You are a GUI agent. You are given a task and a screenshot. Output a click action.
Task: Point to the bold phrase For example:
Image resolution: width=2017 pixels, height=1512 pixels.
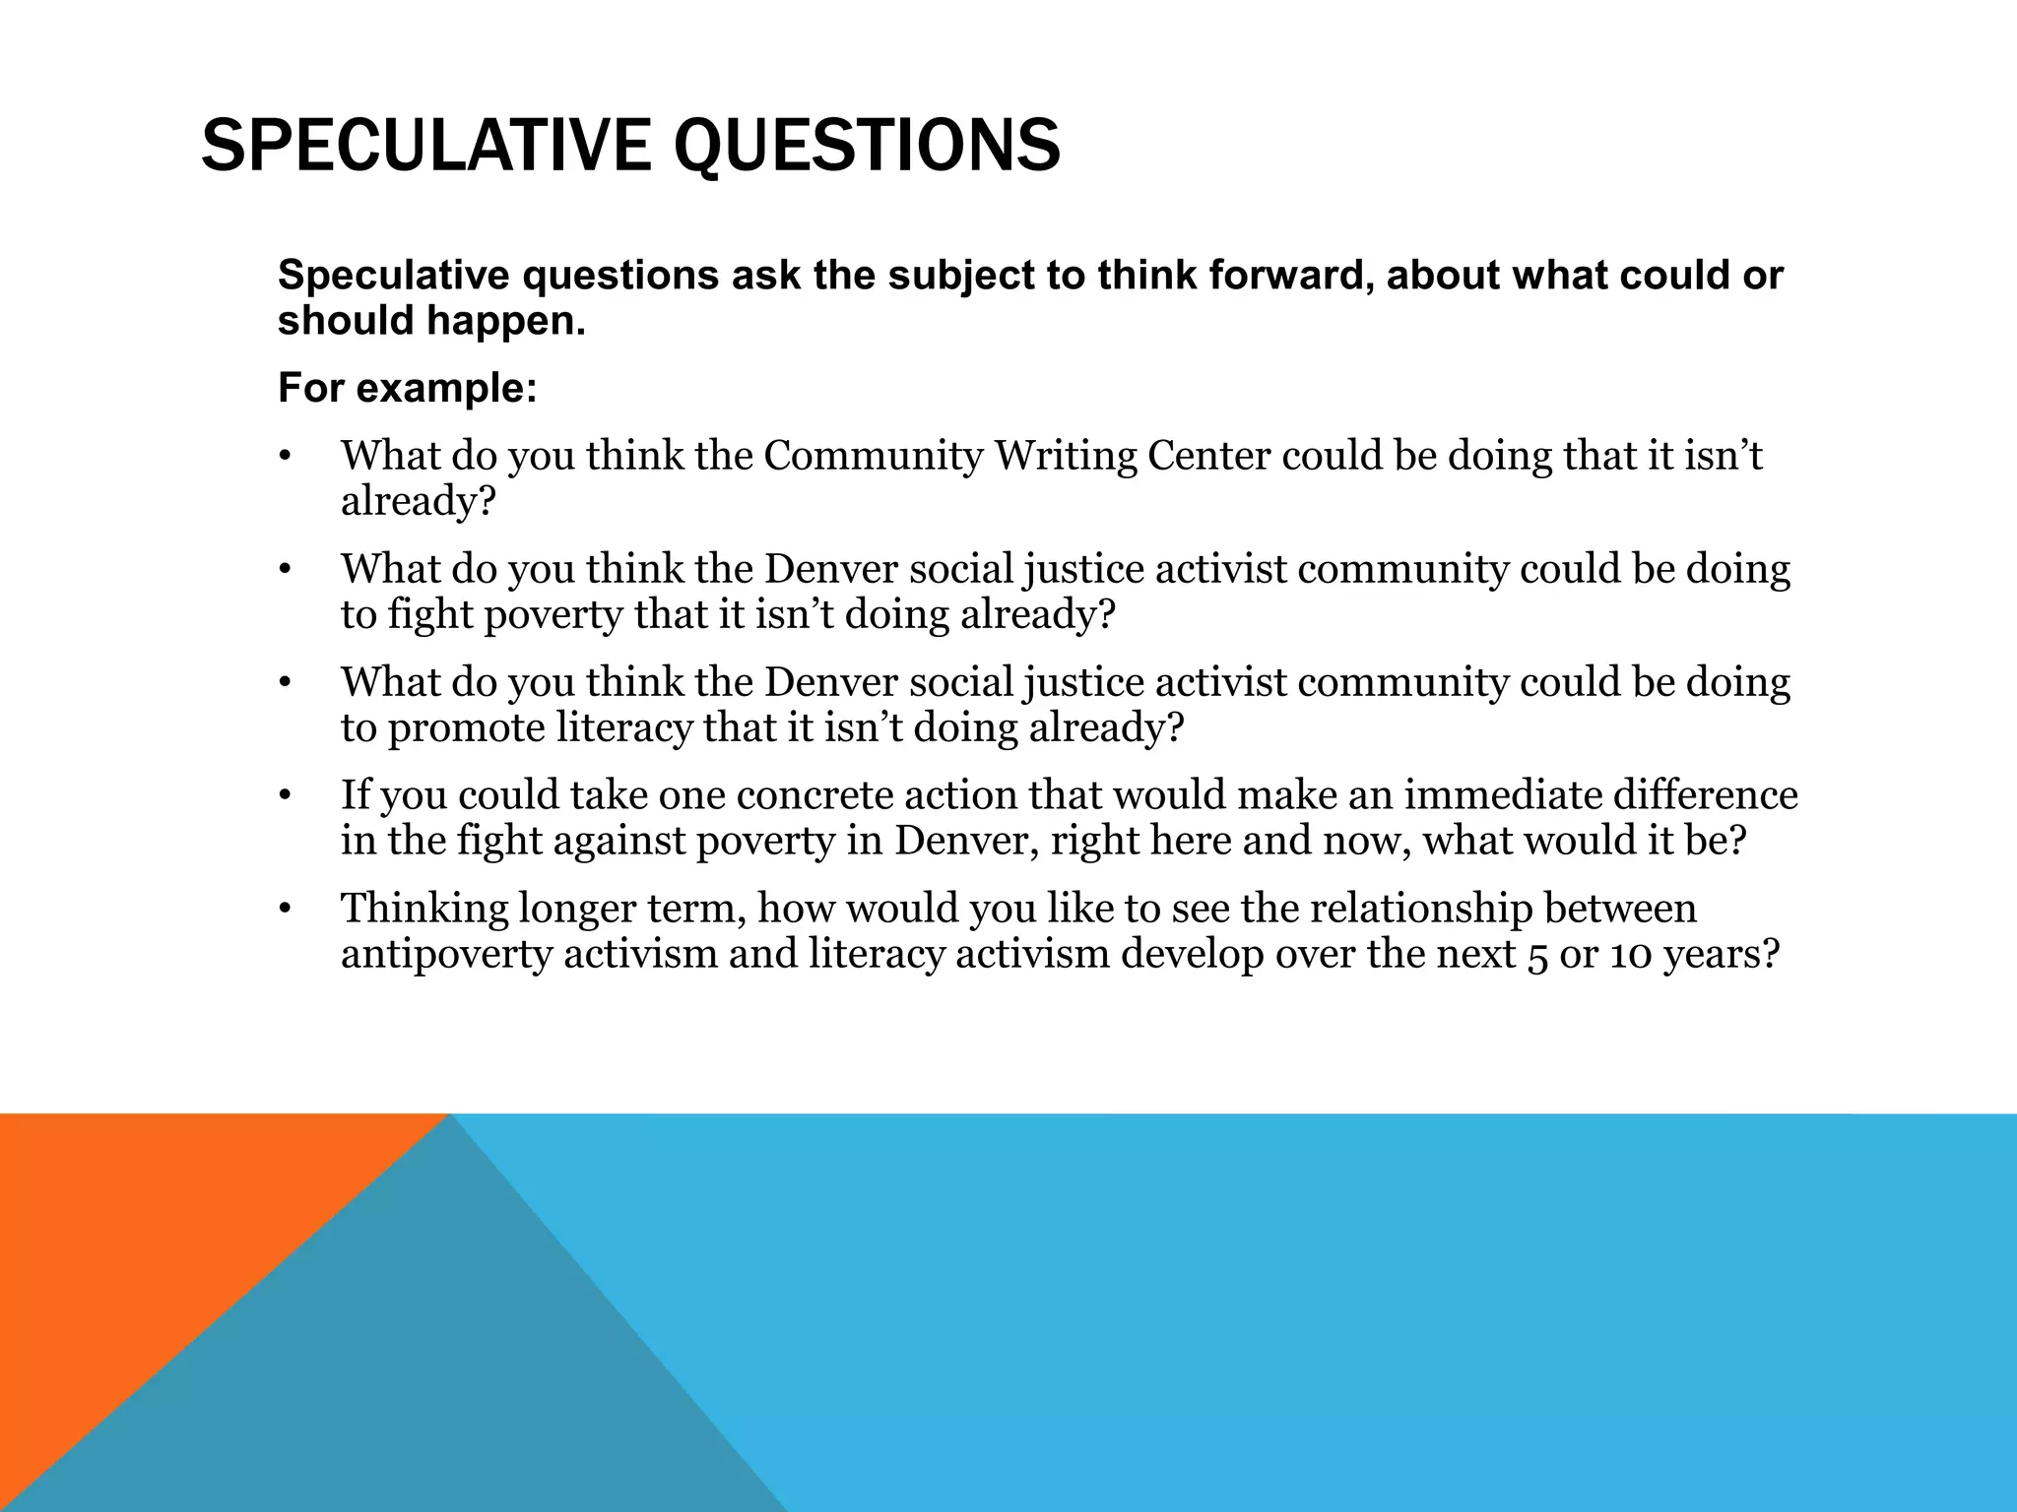tap(408, 388)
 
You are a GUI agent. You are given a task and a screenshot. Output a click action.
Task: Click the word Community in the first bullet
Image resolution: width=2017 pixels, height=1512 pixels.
tap(874, 456)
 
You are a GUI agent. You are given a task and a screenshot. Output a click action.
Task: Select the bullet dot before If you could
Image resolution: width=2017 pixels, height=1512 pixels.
tap(286, 796)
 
